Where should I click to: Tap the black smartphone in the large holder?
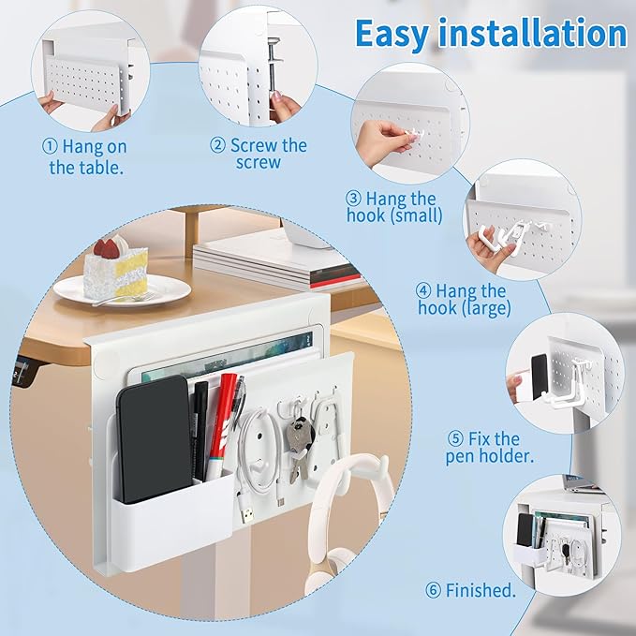153,437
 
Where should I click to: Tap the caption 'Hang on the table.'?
87,157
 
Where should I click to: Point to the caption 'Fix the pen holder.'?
483,447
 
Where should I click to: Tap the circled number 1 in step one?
50,147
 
